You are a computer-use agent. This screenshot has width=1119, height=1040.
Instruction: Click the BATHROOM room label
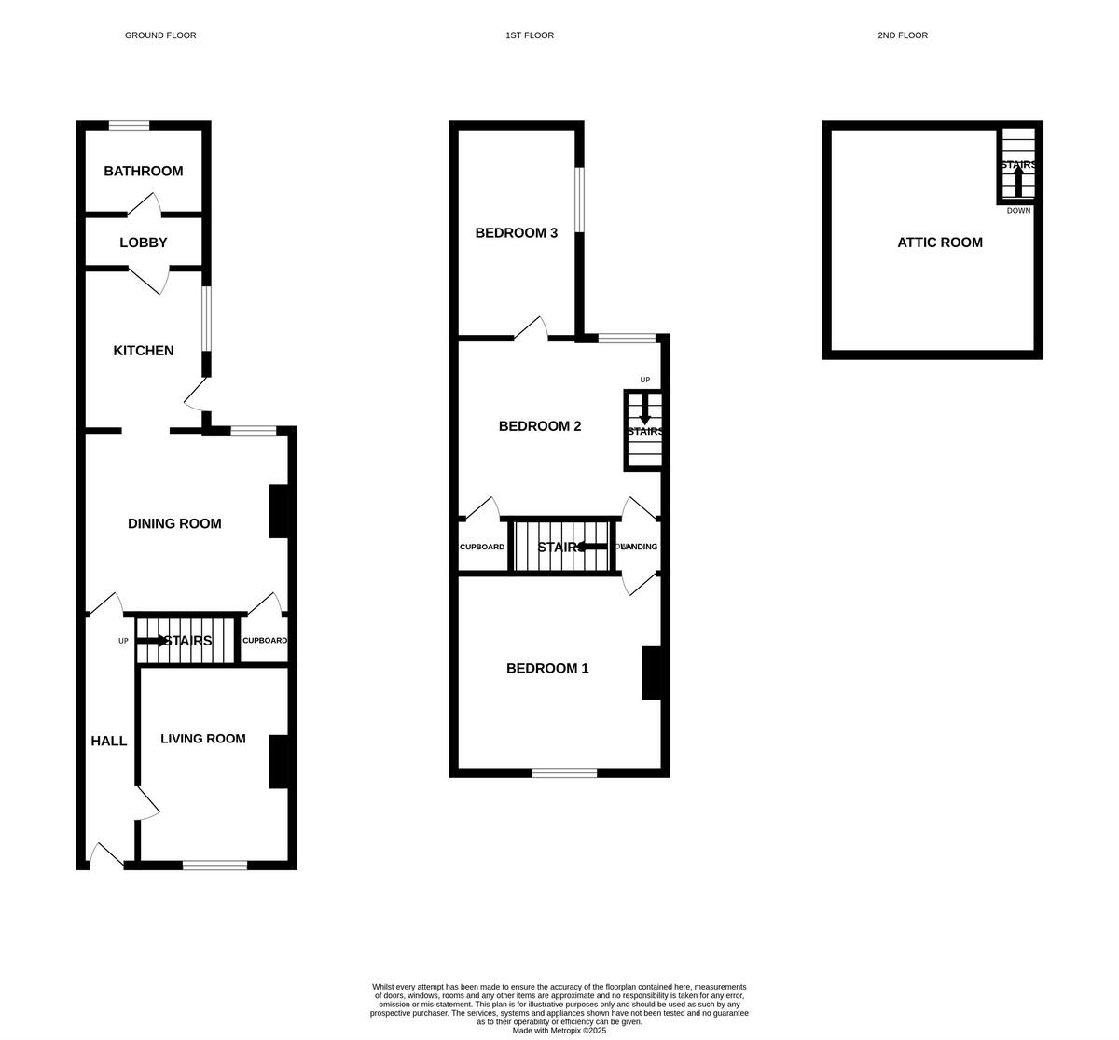143,171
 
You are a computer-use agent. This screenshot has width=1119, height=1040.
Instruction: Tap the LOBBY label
143,243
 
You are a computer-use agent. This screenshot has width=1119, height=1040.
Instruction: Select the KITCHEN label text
143,351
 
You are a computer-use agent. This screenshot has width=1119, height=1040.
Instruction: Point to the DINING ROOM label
174,523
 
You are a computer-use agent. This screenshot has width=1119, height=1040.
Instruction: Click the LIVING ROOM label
202,739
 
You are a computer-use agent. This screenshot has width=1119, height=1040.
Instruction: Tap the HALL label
108,741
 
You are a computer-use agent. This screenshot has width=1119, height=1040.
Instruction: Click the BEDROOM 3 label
516,232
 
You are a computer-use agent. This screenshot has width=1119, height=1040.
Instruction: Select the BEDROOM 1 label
546,668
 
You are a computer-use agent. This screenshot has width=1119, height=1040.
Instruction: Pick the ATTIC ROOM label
939,243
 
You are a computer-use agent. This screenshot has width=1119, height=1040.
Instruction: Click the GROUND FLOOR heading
160,35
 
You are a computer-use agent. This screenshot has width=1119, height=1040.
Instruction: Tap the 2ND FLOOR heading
902,35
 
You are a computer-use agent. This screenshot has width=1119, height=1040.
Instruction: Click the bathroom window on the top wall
129,125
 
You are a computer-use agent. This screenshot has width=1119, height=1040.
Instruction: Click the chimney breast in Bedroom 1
651,673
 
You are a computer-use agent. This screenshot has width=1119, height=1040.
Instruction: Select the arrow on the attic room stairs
1017,180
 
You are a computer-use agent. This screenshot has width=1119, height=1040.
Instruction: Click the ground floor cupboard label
264,641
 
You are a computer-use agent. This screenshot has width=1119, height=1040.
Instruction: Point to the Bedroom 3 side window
579,199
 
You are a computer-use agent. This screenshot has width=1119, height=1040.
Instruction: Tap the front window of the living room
214,866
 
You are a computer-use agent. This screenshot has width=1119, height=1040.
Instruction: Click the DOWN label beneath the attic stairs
1018,211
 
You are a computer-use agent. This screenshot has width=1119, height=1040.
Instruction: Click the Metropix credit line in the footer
559,1031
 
